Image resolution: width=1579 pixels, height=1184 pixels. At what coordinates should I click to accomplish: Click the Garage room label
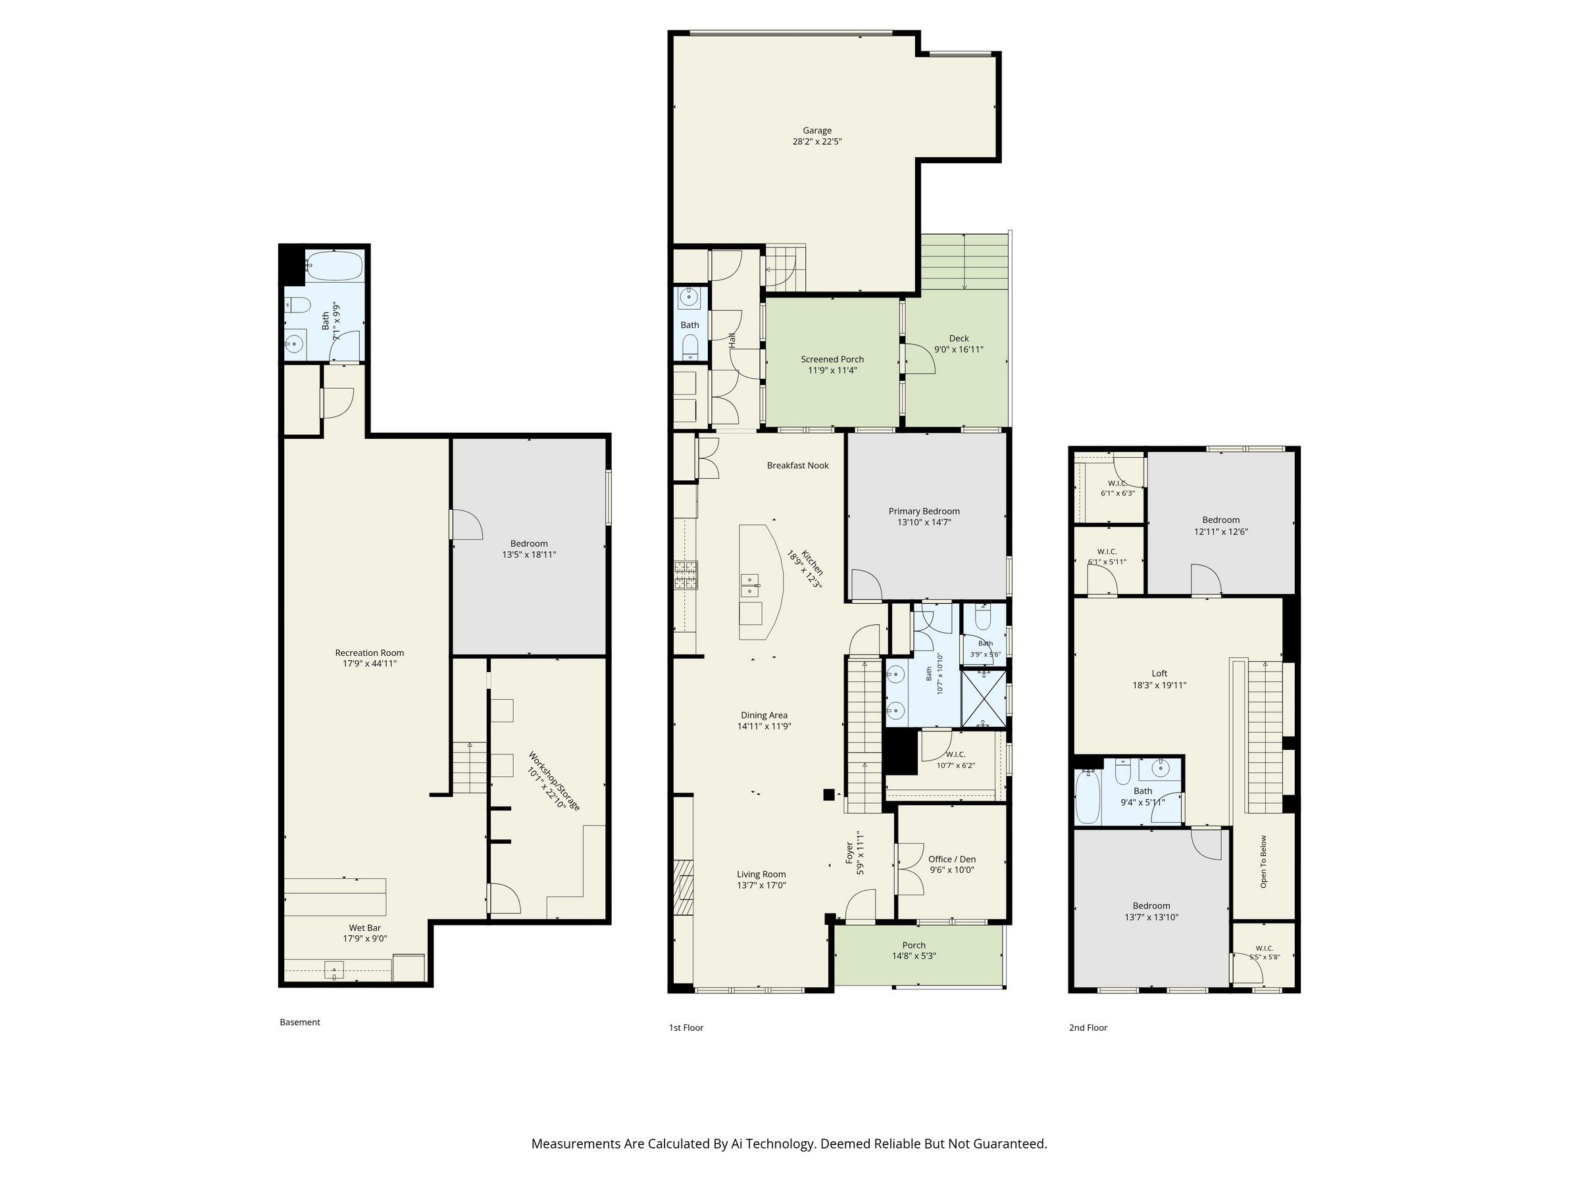pyautogui.click(x=817, y=131)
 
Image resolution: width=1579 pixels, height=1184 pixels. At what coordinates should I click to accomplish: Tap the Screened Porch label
pyautogui.click(x=832, y=359)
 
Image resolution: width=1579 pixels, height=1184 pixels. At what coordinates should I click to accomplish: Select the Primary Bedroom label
pyautogui.click(x=924, y=511)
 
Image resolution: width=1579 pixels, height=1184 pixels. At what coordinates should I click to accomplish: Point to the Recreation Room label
pyautogui.click(x=370, y=653)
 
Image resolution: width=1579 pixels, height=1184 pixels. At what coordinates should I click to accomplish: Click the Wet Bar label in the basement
pyautogui.click(x=364, y=927)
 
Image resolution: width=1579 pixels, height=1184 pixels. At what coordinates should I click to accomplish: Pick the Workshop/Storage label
pyautogui.click(x=555, y=780)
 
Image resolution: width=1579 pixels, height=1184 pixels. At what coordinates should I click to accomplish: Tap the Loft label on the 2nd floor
pyautogui.click(x=1159, y=673)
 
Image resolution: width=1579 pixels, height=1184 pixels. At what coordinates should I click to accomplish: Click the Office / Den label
pyautogui.click(x=951, y=859)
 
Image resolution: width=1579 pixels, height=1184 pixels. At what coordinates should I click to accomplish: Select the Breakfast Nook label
pyautogui.click(x=798, y=465)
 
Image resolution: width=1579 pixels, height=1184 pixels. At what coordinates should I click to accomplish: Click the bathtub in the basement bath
pyautogui.click(x=335, y=266)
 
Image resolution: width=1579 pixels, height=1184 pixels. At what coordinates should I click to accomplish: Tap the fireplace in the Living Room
pyautogui.click(x=683, y=888)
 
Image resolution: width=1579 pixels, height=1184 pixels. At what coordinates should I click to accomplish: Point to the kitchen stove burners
pyautogui.click(x=686, y=576)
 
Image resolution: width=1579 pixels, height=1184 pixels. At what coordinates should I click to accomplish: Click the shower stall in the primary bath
pyautogui.click(x=984, y=697)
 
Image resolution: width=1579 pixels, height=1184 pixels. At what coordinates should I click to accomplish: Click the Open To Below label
pyautogui.click(x=1263, y=862)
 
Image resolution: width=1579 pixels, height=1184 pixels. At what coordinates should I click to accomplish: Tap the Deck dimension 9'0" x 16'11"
pyautogui.click(x=959, y=350)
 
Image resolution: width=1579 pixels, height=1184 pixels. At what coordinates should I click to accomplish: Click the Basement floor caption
pyautogui.click(x=300, y=1022)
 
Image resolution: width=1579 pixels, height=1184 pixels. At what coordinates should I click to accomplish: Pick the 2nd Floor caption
pyautogui.click(x=1088, y=1027)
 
